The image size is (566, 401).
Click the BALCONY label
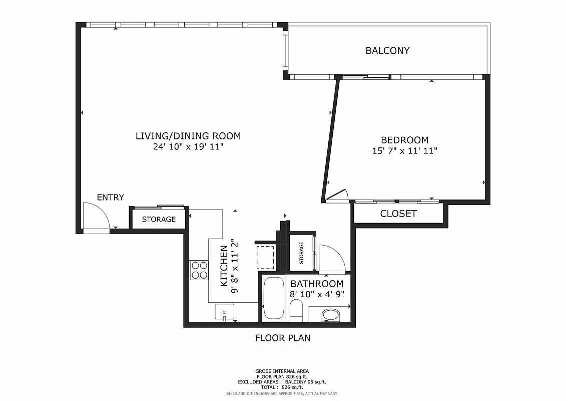coord(387,51)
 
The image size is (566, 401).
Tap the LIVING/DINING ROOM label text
coord(188,136)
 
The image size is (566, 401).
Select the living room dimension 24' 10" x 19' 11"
coord(188,147)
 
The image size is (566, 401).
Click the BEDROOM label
coord(404,140)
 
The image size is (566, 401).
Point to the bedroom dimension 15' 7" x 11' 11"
coord(404,151)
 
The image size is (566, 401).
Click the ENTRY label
coord(110,197)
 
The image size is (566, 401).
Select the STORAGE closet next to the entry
coord(159,219)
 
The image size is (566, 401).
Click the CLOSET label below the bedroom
coord(398,214)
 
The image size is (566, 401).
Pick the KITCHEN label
coord(224,266)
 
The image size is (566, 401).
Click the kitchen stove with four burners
coord(199,271)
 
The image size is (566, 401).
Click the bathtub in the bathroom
coord(274,298)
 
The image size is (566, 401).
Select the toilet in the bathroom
coord(296,311)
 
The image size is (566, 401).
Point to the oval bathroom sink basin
coord(330,315)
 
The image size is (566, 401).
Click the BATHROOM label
coord(317,284)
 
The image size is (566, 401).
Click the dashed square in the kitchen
coord(265,257)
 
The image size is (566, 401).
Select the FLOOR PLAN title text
coord(283,338)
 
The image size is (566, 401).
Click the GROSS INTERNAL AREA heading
coord(282,371)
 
